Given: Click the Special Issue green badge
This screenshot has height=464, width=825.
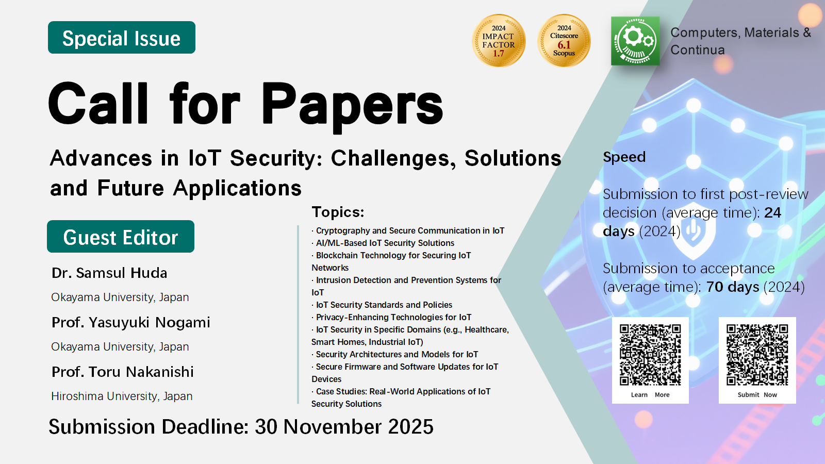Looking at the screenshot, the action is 122,38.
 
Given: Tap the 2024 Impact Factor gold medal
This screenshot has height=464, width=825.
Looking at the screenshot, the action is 499,41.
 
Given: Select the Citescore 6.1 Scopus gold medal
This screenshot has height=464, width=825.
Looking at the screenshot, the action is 564,41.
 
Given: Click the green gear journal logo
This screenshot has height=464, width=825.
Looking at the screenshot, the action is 635,41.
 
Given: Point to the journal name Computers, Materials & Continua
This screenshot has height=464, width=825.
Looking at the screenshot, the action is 740,41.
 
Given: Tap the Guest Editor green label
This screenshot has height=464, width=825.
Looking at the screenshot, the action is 121,237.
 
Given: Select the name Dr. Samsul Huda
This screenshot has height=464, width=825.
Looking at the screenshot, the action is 109,273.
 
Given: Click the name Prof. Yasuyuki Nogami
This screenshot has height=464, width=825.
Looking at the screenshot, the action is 131,323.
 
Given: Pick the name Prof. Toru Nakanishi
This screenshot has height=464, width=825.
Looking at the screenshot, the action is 123,372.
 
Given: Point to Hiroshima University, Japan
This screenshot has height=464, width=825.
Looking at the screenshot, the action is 122,396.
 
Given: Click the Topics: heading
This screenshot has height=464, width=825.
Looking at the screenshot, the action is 338,212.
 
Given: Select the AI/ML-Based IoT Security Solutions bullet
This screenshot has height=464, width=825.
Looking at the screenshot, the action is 383,243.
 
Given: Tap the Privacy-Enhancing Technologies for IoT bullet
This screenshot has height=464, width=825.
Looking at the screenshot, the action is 391,317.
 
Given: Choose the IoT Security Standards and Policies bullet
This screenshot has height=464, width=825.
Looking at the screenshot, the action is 382,305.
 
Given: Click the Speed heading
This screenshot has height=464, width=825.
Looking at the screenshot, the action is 624,157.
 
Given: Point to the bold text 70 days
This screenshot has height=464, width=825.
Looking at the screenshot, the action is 733,287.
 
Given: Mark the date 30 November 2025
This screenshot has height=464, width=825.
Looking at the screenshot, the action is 344,427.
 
